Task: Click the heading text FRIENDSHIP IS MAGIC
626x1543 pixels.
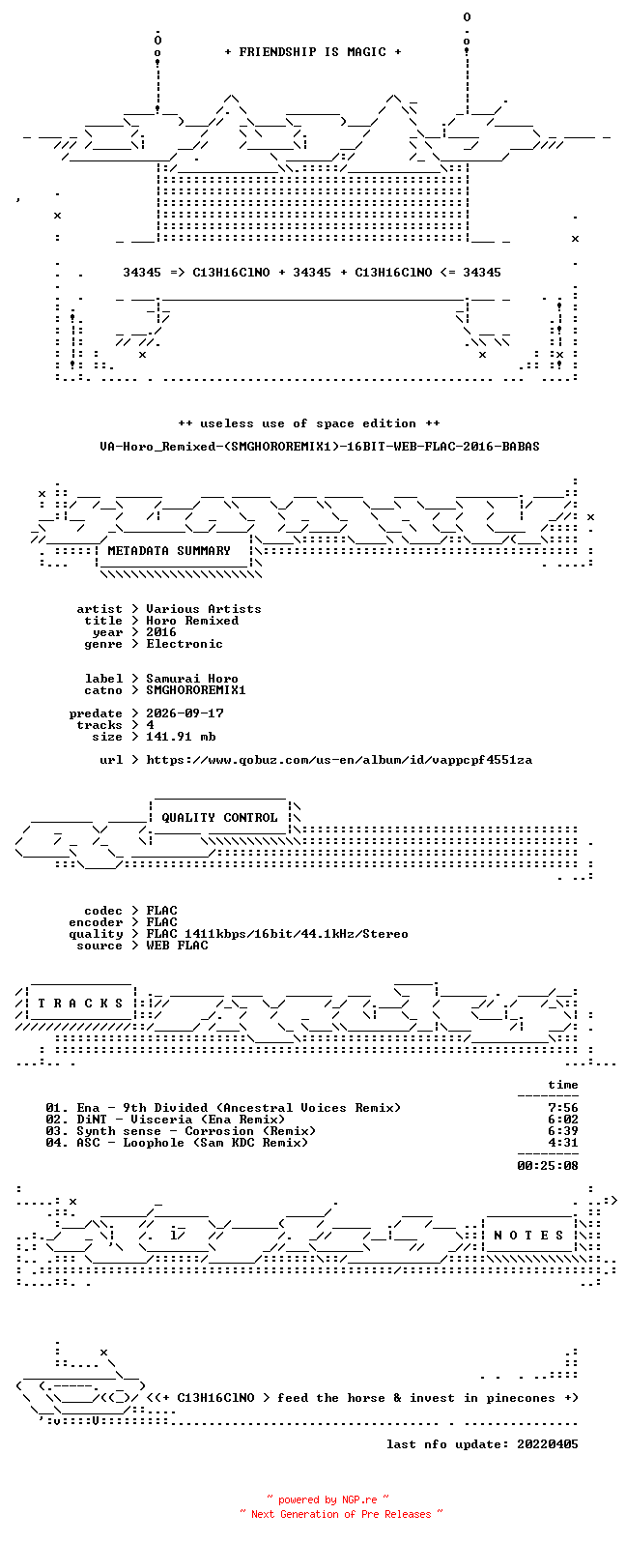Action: coord(313,52)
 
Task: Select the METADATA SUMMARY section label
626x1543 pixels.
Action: coord(169,551)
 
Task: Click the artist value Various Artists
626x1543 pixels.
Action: coord(203,609)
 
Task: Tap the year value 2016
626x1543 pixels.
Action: coord(161,632)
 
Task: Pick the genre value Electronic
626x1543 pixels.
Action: coord(185,644)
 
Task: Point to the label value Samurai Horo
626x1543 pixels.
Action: coord(192,679)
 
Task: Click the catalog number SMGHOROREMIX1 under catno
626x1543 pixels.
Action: coord(195,690)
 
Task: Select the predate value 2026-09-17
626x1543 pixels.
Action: coord(185,713)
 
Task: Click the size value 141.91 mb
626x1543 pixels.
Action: coord(181,737)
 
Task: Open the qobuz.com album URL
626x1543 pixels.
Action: coord(339,761)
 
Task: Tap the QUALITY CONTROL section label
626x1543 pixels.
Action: coord(219,818)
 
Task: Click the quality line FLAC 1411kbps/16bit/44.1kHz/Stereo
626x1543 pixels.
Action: coord(277,934)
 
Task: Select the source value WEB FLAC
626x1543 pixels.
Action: coord(177,946)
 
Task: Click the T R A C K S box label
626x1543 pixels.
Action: coord(80,1004)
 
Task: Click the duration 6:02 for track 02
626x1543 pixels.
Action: coord(563,1120)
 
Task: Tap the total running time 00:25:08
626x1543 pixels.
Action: coord(548,1166)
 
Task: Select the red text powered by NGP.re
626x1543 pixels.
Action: coord(327,1499)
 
